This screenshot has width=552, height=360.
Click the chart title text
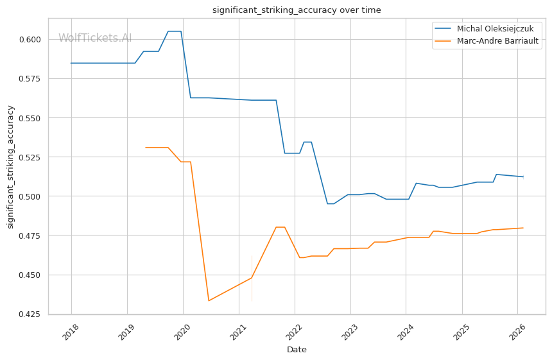click(x=297, y=10)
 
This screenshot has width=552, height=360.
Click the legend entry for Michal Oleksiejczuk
click(x=495, y=29)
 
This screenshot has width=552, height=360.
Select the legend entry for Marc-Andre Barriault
click(x=497, y=41)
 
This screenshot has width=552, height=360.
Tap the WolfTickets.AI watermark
click(x=95, y=39)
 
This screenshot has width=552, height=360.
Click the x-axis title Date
click(x=297, y=350)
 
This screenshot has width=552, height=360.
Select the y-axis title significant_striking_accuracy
click(x=11, y=167)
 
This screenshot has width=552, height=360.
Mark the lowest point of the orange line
click(x=209, y=301)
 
